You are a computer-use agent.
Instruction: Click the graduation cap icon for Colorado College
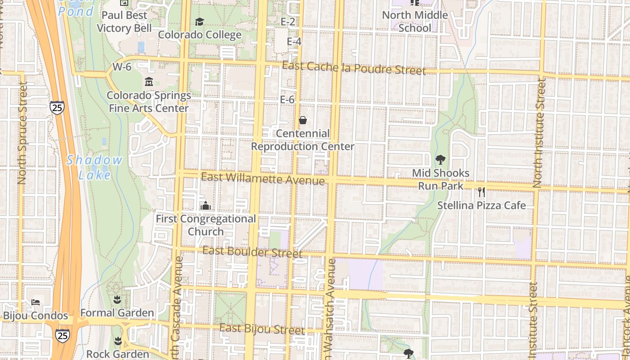(x=199, y=22)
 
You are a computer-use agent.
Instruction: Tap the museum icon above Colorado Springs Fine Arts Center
(x=148, y=82)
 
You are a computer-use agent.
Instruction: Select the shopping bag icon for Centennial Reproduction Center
(x=303, y=120)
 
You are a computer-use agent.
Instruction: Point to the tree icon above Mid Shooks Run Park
(x=441, y=159)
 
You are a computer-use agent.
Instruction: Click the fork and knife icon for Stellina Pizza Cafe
(x=481, y=192)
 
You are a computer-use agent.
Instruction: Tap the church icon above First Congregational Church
(x=206, y=206)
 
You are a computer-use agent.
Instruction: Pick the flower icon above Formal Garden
(x=117, y=299)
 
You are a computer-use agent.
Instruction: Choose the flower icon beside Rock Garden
(x=118, y=341)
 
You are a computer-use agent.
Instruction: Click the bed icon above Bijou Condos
(x=36, y=302)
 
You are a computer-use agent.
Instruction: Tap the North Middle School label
(x=415, y=21)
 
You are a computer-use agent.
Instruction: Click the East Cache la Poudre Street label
(x=354, y=68)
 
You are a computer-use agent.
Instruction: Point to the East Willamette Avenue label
(x=263, y=178)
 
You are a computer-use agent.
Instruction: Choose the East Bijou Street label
(x=262, y=329)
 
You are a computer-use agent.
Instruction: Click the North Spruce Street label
(x=22, y=133)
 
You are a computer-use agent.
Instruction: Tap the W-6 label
(x=121, y=67)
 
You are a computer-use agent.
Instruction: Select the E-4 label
(x=294, y=41)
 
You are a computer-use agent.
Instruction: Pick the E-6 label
(x=287, y=99)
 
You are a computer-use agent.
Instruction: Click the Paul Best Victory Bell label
(x=122, y=22)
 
